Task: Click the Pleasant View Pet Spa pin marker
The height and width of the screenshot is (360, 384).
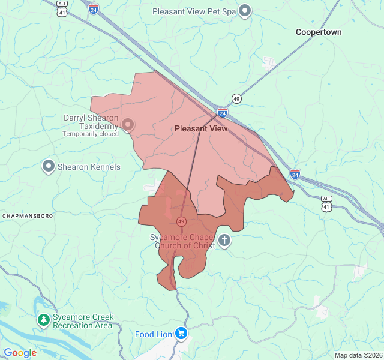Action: coord(245,11)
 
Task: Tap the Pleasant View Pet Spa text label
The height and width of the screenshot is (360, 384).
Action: coord(194,11)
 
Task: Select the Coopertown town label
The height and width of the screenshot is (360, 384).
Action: coord(319,32)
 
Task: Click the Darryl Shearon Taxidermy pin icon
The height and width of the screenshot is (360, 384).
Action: coord(128,124)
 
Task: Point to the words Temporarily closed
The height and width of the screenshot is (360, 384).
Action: coord(91,134)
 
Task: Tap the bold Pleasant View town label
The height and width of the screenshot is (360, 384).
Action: coord(201,128)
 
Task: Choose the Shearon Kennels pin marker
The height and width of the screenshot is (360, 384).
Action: coord(49,166)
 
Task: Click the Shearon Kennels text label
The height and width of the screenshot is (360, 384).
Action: coord(89,167)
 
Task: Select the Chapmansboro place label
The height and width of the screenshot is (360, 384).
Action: coord(28,215)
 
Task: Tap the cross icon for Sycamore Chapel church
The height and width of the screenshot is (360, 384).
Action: coord(224,241)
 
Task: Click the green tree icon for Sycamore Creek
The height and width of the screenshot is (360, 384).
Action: coord(43,320)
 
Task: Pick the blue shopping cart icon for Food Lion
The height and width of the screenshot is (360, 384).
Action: coord(181,334)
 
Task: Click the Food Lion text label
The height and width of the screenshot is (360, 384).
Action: coord(153,334)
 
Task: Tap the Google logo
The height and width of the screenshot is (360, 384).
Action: coord(20,353)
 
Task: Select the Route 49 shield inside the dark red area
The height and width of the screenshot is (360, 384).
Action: coord(181,221)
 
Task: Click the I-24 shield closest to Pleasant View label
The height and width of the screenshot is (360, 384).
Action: coord(223,112)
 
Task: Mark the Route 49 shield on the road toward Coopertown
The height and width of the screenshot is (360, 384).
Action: coord(237,98)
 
